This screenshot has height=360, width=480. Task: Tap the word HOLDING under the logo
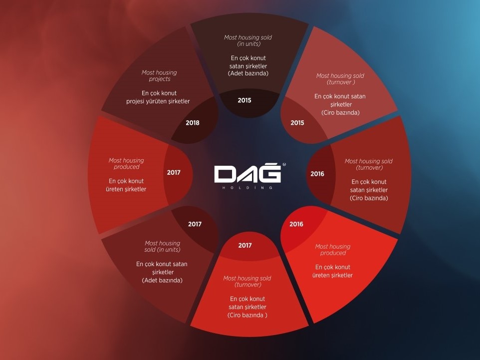(x=247, y=188)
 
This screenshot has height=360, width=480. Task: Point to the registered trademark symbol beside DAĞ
(x=284, y=165)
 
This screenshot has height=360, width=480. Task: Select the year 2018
(x=192, y=123)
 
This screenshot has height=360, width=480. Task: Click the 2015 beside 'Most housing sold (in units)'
(x=244, y=100)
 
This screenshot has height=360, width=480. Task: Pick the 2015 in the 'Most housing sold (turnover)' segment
(x=297, y=123)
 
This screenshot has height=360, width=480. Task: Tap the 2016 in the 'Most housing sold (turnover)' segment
(x=317, y=174)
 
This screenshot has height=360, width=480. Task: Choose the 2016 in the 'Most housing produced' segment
(x=296, y=224)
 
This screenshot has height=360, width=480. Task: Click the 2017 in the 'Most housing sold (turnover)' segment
(x=245, y=246)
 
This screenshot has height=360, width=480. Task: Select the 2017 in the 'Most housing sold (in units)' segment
(x=195, y=224)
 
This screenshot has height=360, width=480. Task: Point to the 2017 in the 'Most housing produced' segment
(x=174, y=172)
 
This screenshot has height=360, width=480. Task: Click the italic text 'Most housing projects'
(x=159, y=76)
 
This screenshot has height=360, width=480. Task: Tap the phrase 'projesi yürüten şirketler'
(x=158, y=101)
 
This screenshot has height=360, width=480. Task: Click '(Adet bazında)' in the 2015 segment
(x=248, y=73)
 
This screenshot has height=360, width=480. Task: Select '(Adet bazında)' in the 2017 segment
(x=162, y=280)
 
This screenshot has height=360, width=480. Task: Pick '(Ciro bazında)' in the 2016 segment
(x=369, y=198)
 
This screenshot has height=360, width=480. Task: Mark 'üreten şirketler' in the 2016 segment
(x=332, y=276)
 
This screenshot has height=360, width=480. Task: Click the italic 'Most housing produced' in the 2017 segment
(x=126, y=164)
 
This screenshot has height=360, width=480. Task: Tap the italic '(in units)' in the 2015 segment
(x=249, y=44)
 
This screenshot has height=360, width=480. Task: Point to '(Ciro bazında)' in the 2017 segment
(x=247, y=315)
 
